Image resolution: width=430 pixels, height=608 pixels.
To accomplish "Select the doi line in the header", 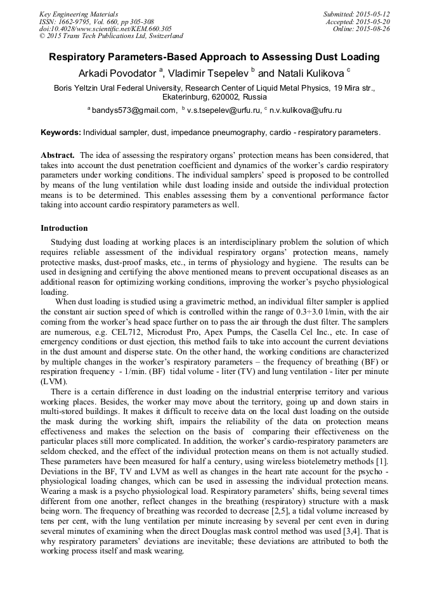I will pos(105,29).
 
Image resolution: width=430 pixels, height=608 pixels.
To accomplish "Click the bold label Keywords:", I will pos(61,133).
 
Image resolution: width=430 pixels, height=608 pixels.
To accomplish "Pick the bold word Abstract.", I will pos(58,155).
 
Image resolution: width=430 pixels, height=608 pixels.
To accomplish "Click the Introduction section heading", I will pos(64,228).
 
